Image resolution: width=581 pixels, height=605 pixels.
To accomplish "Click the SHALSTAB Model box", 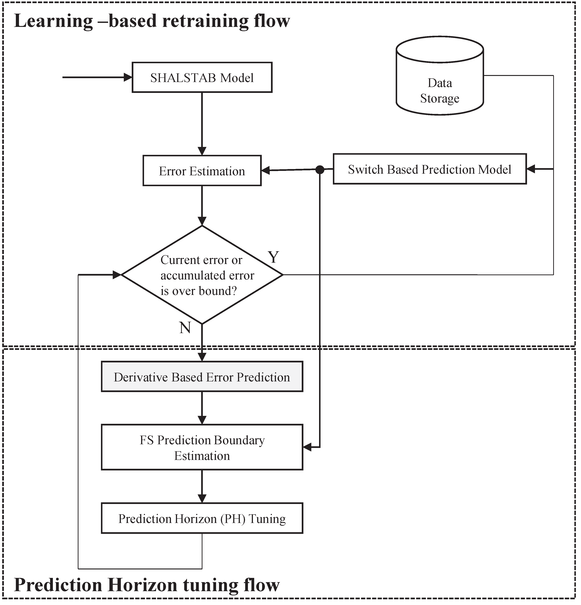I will tap(202, 77).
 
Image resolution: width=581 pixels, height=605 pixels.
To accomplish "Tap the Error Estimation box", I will tap(202, 171).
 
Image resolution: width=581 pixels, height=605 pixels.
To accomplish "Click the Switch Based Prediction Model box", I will tap(430, 169).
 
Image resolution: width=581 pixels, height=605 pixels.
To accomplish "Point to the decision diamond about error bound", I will tap(202, 275).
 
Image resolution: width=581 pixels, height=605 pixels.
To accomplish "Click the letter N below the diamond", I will tap(185, 328).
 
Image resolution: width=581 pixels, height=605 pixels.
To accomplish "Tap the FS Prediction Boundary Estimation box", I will tap(202, 448).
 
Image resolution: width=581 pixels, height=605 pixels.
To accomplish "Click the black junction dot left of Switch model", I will tap(320, 169).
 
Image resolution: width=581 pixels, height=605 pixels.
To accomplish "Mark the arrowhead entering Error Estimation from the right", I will tap(265, 170).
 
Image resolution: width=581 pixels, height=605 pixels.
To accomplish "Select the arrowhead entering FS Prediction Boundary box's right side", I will tap(307, 447).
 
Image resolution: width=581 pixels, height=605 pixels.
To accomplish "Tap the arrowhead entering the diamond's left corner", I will tap(117, 275).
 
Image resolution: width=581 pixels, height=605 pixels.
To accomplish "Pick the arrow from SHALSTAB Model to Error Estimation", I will tap(202, 124).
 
